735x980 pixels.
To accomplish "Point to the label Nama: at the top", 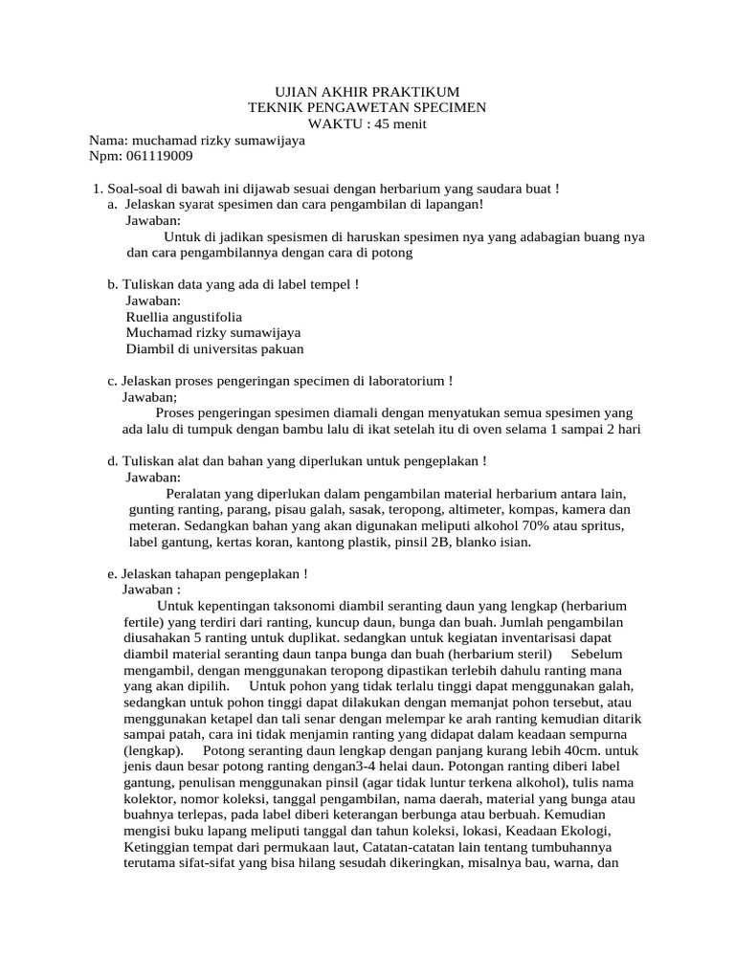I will [x=107, y=141].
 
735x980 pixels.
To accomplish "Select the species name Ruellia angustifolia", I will [x=184, y=316].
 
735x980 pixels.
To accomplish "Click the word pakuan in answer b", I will [x=278, y=348].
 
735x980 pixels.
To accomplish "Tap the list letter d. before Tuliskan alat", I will [x=113, y=461].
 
